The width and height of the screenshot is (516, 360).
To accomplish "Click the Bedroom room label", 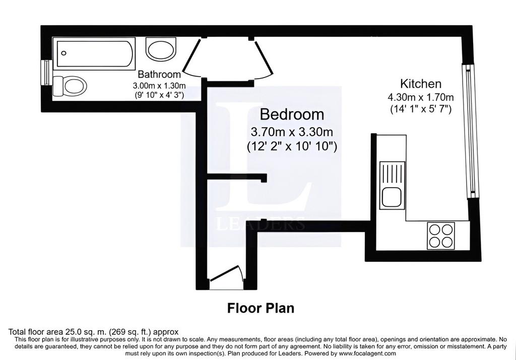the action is click(x=292, y=114).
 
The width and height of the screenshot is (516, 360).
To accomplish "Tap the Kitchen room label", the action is click(x=421, y=84).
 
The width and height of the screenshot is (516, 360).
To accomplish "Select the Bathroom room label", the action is click(x=159, y=74).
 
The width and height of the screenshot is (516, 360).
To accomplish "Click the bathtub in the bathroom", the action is click(x=94, y=53).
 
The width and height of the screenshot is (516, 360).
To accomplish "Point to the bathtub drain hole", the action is click(x=64, y=53).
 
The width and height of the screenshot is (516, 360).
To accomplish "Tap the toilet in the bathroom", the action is click(x=70, y=86).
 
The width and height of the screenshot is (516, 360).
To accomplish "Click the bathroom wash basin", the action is click(x=161, y=49).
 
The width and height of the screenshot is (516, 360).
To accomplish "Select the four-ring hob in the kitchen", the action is click(x=441, y=236).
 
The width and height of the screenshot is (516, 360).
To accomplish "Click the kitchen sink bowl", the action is click(x=392, y=197).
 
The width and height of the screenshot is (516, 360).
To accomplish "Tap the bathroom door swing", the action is click(x=193, y=58).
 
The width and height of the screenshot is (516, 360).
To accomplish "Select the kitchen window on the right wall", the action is click(x=470, y=131).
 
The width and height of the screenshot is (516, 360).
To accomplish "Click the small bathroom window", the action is click(x=46, y=73).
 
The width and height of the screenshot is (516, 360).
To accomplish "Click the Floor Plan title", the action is click(x=261, y=308).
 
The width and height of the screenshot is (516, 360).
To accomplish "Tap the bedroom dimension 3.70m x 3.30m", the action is click(x=292, y=132).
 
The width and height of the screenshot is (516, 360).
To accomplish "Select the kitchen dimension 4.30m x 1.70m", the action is click(x=421, y=97).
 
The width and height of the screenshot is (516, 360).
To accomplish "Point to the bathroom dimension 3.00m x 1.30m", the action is click(x=159, y=86).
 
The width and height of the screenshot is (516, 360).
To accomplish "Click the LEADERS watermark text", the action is click(x=261, y=224).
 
